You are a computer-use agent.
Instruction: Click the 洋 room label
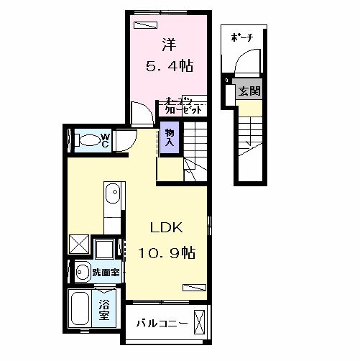(x=170, y=44)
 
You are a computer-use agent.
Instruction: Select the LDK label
(x=167, y=228)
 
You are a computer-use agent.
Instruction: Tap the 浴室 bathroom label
(x=103, y=309)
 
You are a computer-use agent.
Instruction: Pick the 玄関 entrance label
(x=249, y=91)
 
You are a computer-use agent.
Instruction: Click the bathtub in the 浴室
(x=80, y=310)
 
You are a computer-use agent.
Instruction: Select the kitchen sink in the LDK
(x=112, y=193)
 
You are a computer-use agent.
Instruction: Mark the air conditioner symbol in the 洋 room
(x=145, y=25)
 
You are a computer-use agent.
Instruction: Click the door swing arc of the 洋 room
(x=139, y=112)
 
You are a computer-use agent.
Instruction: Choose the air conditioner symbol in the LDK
(x=192, y=286)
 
